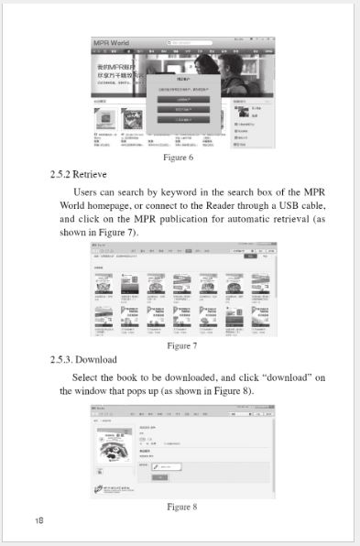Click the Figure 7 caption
click(x=181, y=345)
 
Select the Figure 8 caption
click(x=181, y=506)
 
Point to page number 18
click(x=39, y=520)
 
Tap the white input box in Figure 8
click(x=162, y=466)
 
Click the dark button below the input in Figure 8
click(x=159, y=478)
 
